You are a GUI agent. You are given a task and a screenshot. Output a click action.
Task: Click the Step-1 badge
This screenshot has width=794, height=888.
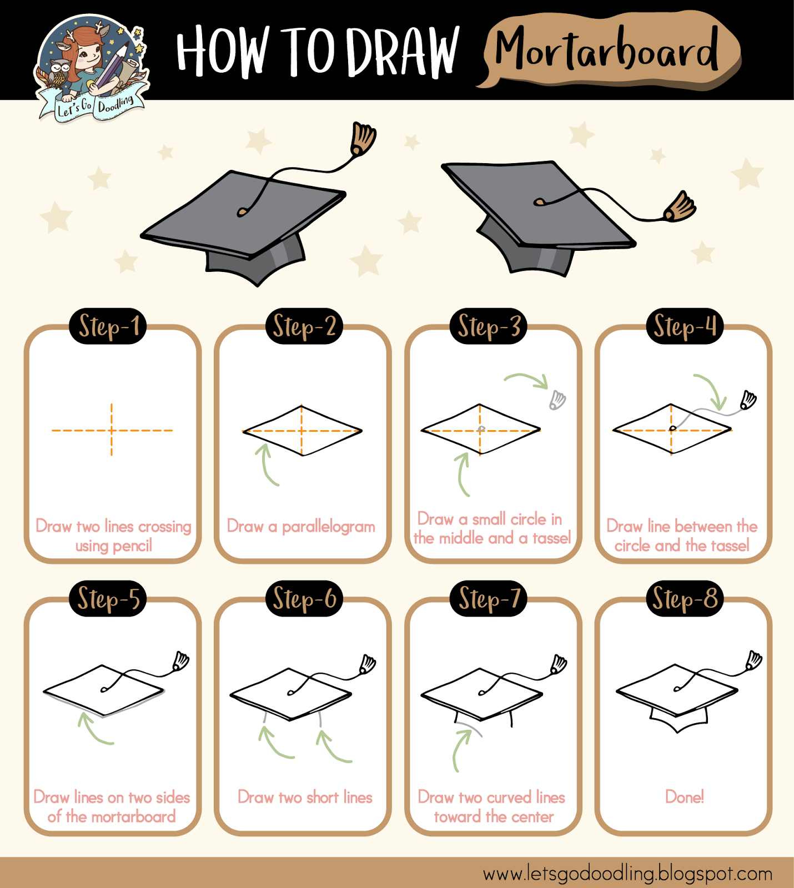[x=108, y=326]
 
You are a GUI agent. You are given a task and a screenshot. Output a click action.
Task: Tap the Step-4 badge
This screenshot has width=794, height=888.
[x=685, y=326]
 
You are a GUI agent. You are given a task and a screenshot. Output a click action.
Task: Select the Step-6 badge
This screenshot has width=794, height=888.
[x=304, y=599]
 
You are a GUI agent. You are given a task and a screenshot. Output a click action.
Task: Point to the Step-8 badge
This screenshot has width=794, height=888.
[x=685, y=599]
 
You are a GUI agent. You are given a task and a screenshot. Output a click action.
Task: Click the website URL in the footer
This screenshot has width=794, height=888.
[x=627, y=874]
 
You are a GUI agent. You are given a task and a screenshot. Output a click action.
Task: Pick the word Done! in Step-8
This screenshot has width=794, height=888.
[x=685, y=797]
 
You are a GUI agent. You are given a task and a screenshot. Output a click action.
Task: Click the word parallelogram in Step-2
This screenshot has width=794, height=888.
[x=328, y=526]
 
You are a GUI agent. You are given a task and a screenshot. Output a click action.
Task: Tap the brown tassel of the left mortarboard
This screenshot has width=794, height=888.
[x=363, y=139]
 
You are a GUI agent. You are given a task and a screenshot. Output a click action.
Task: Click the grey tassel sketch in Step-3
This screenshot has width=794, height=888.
[x=557, y=400]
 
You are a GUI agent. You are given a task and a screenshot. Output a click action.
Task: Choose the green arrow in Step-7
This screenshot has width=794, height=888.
[x=460, y=749]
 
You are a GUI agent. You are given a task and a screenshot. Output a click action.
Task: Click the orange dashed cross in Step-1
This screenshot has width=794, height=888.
[x=112, y=430]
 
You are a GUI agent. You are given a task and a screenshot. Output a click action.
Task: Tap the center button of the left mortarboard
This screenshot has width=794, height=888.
[x=242, y=211]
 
